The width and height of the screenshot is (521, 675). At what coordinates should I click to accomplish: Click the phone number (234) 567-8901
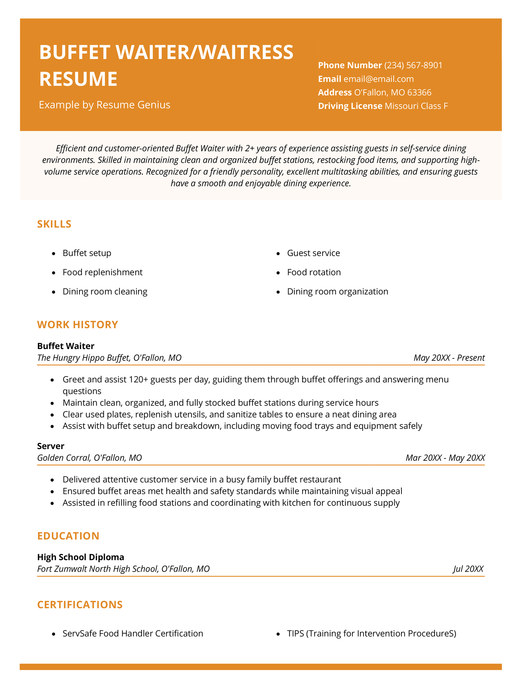click(x=413, y=66)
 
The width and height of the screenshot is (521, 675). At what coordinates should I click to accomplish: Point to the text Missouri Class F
click(x=416, y=106)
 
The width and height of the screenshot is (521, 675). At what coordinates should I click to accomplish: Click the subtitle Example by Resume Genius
click(x=105, y=105)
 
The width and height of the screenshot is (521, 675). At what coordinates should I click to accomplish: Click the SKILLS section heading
click(x=54, y=224)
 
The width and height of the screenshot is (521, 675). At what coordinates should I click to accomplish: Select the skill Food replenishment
click(x=103, y=272)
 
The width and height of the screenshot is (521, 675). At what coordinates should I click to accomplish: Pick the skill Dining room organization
click(x=337, y=292)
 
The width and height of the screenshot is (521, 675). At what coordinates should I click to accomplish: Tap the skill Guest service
click(x=313, y=253)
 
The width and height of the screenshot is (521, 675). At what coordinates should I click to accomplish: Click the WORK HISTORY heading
click(x=77, y=325)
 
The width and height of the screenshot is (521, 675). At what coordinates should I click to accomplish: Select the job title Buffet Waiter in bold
click(x=66, y=346)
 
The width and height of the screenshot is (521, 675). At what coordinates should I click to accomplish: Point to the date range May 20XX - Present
click(x=449, y=358)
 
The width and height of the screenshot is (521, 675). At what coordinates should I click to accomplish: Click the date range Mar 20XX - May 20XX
click(x=445, y=458)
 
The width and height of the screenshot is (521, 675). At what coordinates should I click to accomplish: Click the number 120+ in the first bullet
click(x=138, y=380)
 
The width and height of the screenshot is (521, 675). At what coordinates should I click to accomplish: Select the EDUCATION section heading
click(x=68, y=536)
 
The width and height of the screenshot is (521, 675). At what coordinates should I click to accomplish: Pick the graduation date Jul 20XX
click(x=468, y=569)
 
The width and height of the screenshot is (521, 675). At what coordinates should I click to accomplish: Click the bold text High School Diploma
click(x=80, y=557)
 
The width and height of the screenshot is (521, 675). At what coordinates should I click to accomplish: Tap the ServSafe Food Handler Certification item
click(x=133, y=634)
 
